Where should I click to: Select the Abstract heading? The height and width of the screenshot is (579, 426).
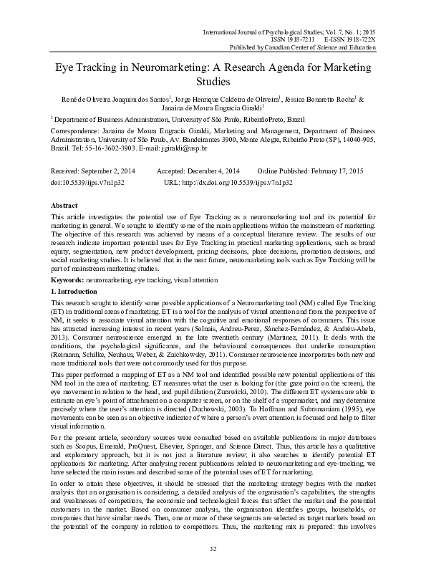coord(65,206)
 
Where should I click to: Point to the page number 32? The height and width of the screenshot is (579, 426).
coord(213,568)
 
